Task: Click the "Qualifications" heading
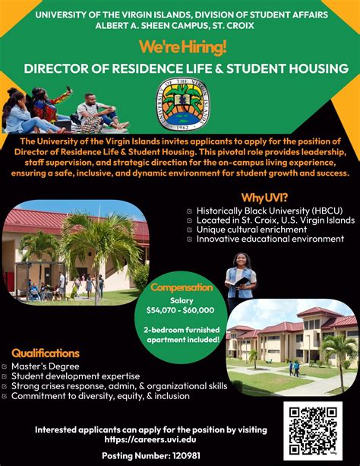(x=46, y=353)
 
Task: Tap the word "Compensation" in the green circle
(x=181, y=287)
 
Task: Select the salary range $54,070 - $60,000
(x=181, y=309)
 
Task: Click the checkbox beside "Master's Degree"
(x=5, y=366)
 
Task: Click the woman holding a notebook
(x=241, y=281)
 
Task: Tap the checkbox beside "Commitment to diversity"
(x=5, y=396)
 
